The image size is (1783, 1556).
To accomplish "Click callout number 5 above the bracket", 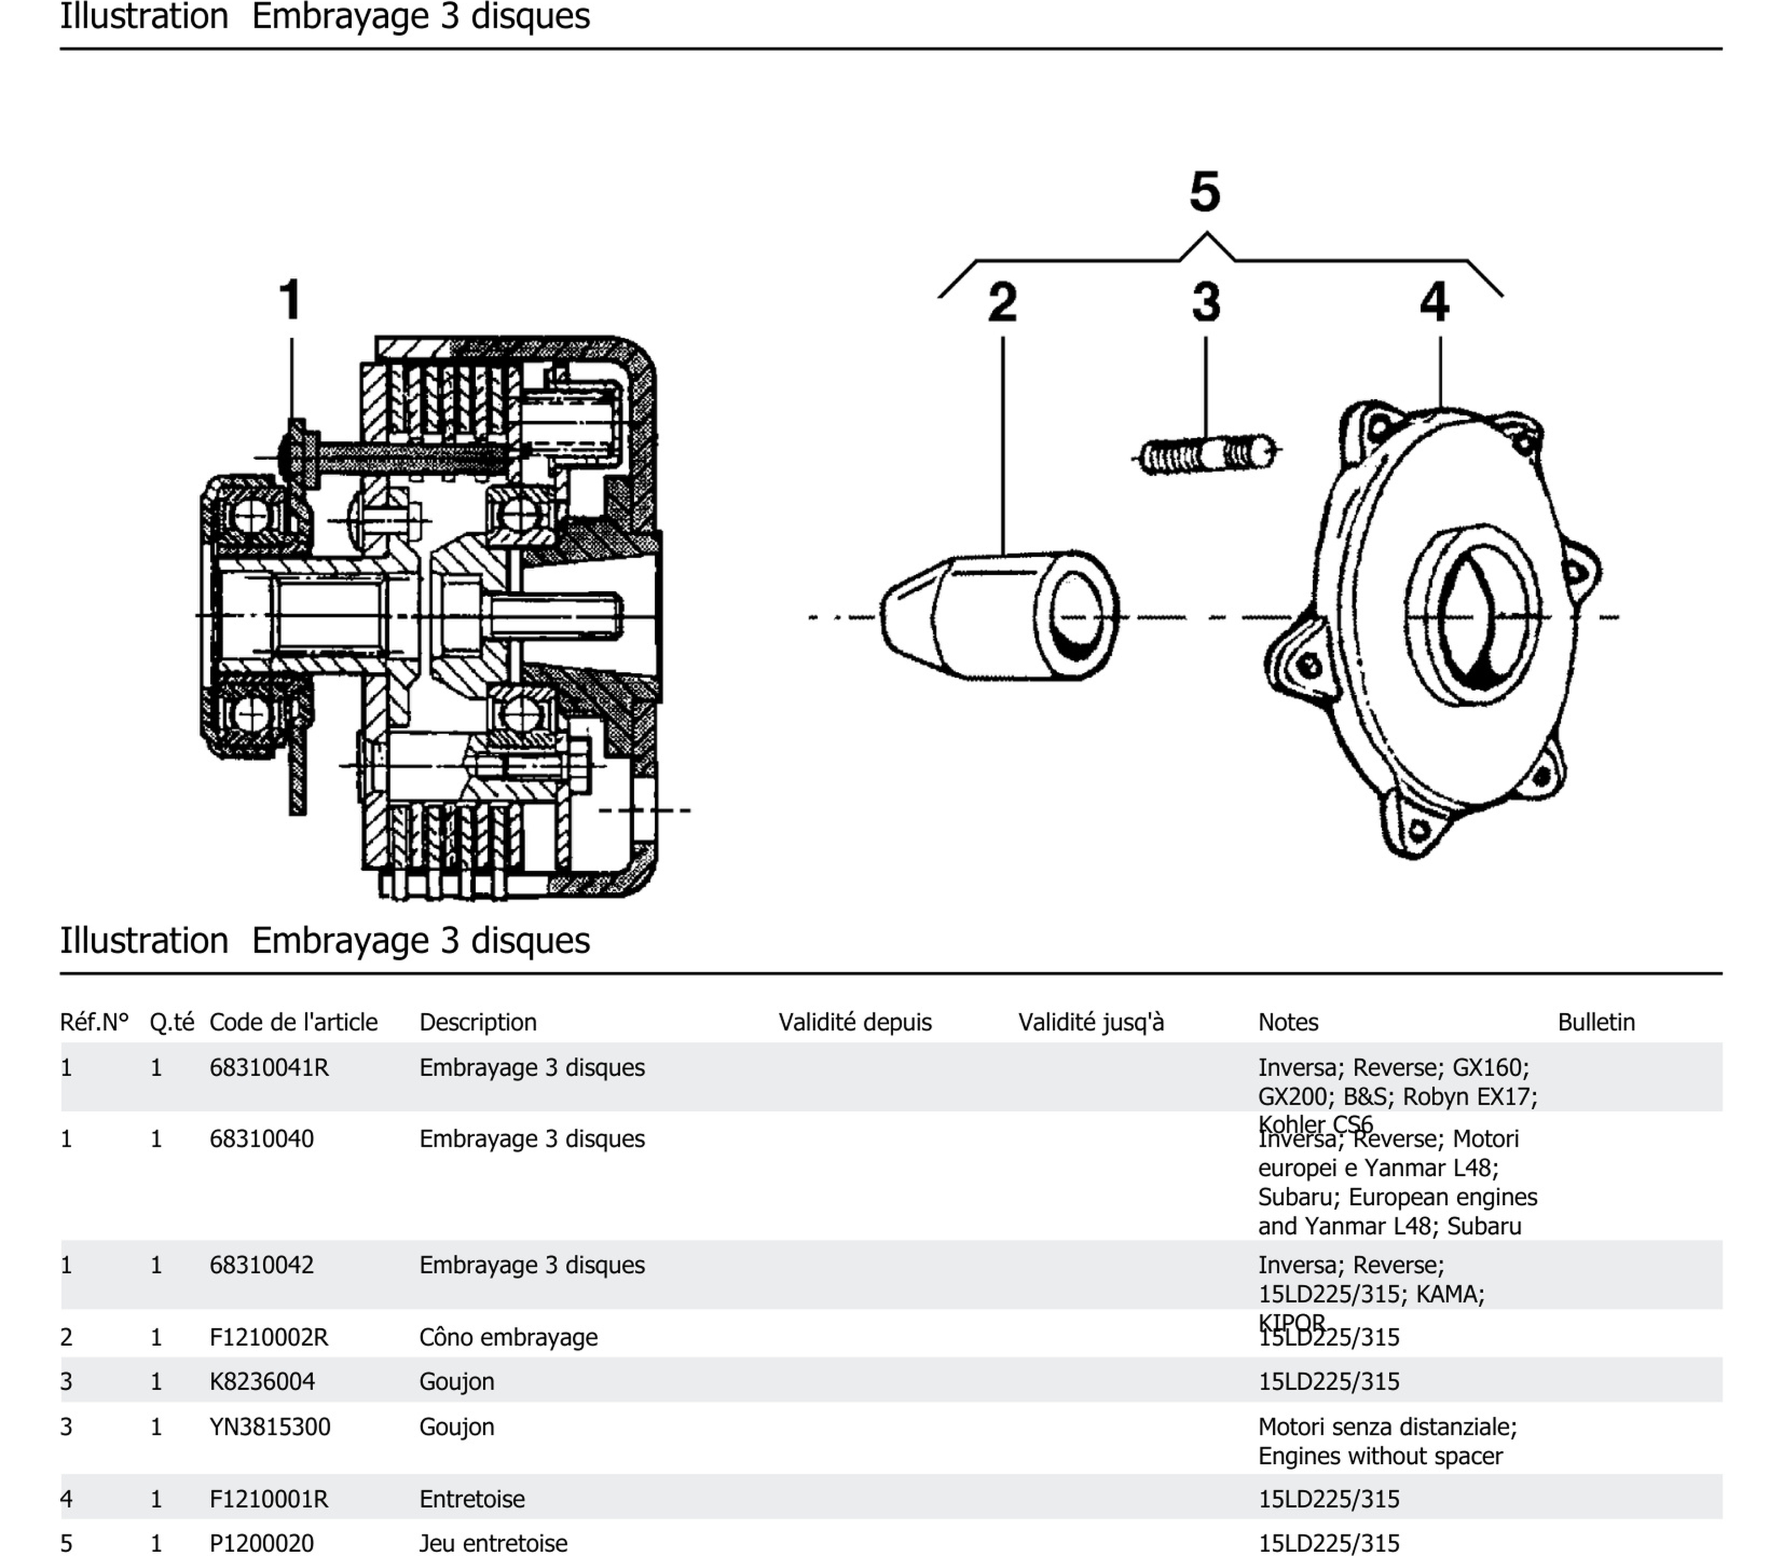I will coord(1205,192).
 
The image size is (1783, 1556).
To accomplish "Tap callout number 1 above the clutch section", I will coord(291,301).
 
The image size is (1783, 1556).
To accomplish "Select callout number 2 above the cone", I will coord(1003,303).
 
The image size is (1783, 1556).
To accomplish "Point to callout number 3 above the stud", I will coord(1206,303).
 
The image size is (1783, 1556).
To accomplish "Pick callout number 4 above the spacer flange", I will coord(1434,303).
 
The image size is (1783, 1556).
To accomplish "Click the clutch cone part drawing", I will coord(998,617).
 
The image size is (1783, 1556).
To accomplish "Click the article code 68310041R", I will coord(269,1068).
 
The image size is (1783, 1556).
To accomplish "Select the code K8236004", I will coord(262,1382).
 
